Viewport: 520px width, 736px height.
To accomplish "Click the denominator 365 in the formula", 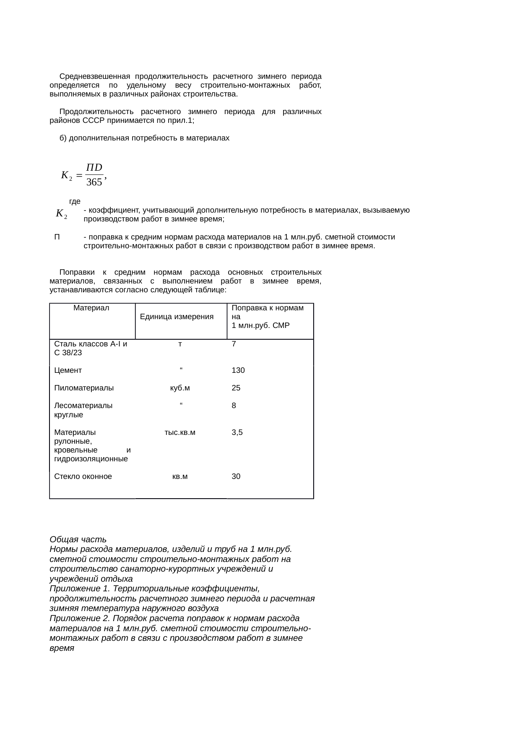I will pyautogui.click(x=94, y=182).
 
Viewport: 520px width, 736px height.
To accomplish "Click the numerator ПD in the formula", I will pyautogui.click(x=94, y=167).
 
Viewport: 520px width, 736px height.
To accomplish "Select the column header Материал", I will pyautogui.click(x=91, y=308).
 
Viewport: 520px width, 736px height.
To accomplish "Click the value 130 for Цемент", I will pyautogui.click(x=238, y=371).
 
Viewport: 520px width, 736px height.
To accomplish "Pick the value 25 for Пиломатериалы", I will pyautogui.click(x=236, y=388).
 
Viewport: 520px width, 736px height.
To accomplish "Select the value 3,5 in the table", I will pyautogui.click(x=237, y=432).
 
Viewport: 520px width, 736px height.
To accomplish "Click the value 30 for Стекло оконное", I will pyautogui.click(x=236, y=477).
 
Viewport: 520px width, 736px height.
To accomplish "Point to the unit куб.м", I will pyautogui.click(x=180, y=388).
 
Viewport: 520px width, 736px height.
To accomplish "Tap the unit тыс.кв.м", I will pyautogui.click(x=180, y=432).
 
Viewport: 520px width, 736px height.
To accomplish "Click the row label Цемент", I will pyautogui.click(x=68, y=371).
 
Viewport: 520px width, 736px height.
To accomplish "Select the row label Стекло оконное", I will pyautogui.click(x=83, y=477).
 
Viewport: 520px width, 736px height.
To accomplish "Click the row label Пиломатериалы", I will pyautogui.click(x=84, y=388).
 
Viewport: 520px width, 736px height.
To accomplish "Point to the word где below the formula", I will pyautogui.click(x=75, y=202).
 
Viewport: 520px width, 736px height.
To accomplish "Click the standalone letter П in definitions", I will pyautogui.click(x=57, y=237).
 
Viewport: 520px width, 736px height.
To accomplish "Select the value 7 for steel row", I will pyautogui.click(x=234, y=344).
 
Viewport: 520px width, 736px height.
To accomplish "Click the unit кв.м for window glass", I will pyautogui.click(x=180, y=477).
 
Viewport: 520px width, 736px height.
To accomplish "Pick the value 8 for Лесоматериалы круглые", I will pyautogui.click(x=234, y=406).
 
